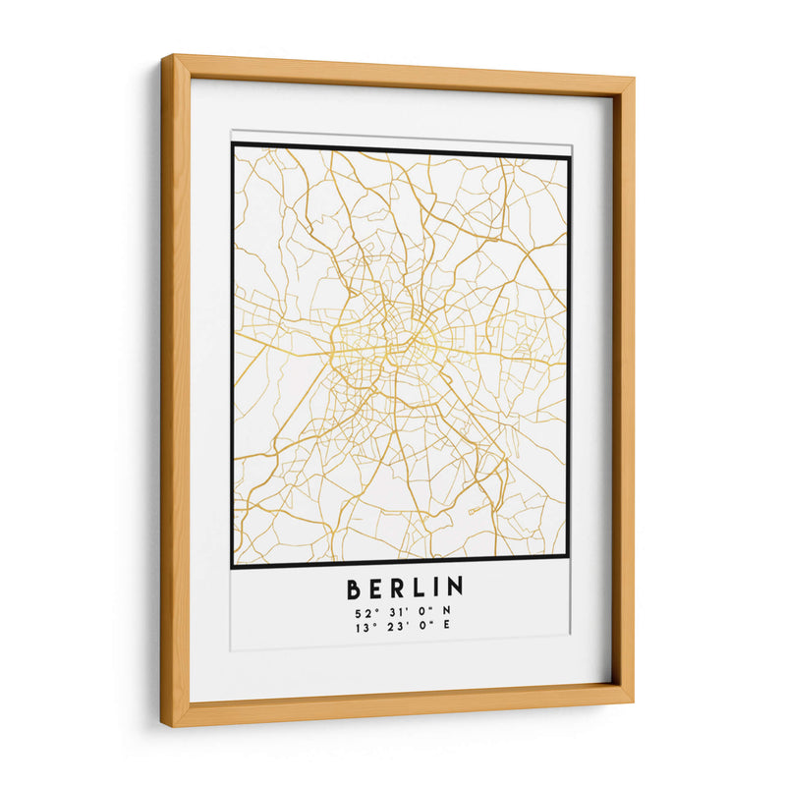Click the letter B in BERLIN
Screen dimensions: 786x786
pos(354,589)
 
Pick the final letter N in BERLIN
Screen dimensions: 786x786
pos(455,589)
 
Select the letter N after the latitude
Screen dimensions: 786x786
pos(449,614)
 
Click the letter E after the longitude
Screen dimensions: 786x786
pos(449,629)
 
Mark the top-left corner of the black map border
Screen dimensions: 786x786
pos(233,145)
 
